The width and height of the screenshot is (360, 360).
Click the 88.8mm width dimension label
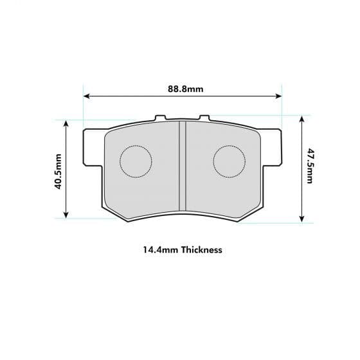tap(182, 89)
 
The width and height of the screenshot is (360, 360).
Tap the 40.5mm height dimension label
tap(58, 171)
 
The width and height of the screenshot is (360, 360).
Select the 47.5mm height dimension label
tap(309, 166)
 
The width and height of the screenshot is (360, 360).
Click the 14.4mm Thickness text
tap(182, 249)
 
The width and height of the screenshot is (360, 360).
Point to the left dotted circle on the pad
tap(136, 161)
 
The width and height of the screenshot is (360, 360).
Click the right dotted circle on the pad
tap(229, 161)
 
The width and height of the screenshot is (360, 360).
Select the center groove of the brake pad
tap(182, 166)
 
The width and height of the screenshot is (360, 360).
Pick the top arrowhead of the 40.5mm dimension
tap(66, 123)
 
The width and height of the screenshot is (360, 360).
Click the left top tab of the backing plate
tap(161, 118)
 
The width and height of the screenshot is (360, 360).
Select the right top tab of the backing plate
tap(204, 118)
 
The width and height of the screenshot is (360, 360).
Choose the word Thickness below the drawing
tap(201, 249)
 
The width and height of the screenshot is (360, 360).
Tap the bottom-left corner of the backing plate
tap(104, 207)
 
